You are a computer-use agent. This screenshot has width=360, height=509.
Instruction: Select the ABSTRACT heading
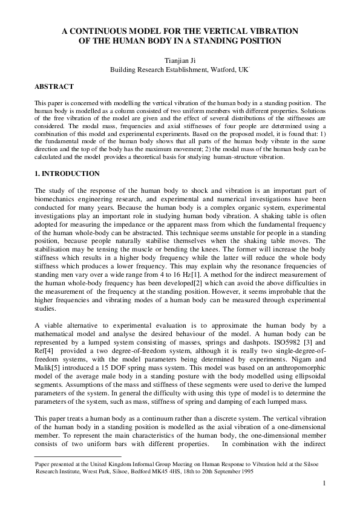(x=54, y=87)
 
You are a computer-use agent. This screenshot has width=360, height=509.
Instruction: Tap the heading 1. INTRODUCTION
(x=67, y=174)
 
